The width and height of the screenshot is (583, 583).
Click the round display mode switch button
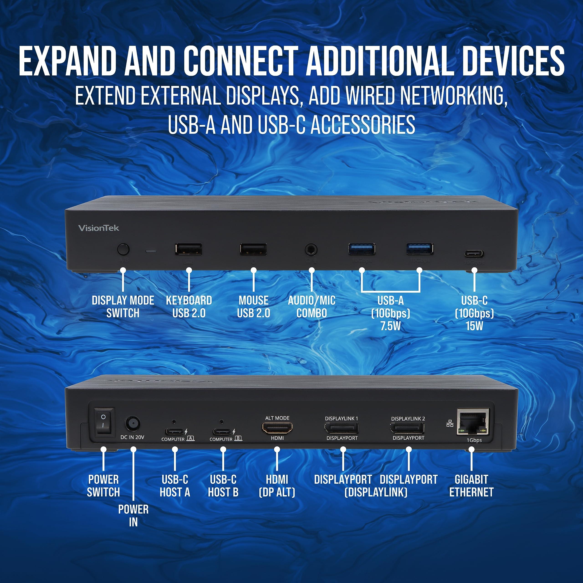coord(123,250)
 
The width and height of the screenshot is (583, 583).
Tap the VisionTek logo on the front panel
coord(99,228)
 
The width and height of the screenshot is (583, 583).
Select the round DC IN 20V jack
coord(133,424)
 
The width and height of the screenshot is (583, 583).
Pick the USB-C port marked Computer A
coord(174,431)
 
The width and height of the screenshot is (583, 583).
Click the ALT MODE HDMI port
coord(277,428)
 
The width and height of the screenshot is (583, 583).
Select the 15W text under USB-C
coord(474,326)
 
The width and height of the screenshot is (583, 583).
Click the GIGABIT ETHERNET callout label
coord(471,486)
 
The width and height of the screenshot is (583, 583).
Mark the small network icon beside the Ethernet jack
coord(450,424)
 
